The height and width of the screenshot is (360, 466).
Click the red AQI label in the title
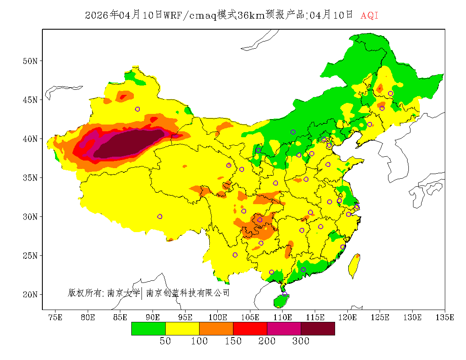pyautogui.click(x=369, y=16)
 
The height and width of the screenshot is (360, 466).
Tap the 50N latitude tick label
pyautogui.click(x=30, y=61)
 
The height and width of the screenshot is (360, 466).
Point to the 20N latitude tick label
pyautogui.click(x=30, y=294)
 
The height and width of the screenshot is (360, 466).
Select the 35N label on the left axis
pyautogui.click(x=30, y=177)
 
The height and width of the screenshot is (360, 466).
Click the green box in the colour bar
pyautogui.click(x=148, y=329)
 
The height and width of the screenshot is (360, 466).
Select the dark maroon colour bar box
pyautogui.click(x=318, y=329)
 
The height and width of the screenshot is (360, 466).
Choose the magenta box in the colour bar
pyautogui.click(x=284, y=329)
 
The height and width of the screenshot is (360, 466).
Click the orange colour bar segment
pyautogui.click(x=216, y=329)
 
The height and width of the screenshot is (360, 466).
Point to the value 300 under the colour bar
pyautogui.click(x=301, y=341)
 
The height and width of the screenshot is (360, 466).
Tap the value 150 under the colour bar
pyautogui.click(x=233, y=341)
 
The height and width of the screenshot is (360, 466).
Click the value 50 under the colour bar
pyautogui.click(x=165, y=341)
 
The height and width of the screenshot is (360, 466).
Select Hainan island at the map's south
pyautogui.click(x=281, y=301)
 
